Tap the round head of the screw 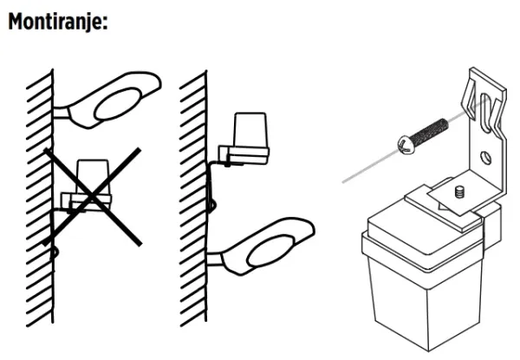(x=406, y=145)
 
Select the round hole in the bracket (x=486, y=157)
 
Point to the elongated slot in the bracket (x=485, y=113)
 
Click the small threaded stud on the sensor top (x=458, y=192)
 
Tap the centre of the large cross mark (x=92, y=198)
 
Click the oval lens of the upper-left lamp (x=118, y=104)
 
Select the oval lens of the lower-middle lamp (x=271, y=251)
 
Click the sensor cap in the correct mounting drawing (x=250, y=130)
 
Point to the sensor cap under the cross (x=92, y=177)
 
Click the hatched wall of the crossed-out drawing (x=40, y=199)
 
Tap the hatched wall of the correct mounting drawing (x=193, y=199)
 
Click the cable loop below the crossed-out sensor (x=55, y=252)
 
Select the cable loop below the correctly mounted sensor (x=211, y=206)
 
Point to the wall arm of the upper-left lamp (x=62, y=113)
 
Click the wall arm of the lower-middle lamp (x=216, y=259)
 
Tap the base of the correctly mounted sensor (x=244, y=155)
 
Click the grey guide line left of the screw (x=370, y=167)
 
